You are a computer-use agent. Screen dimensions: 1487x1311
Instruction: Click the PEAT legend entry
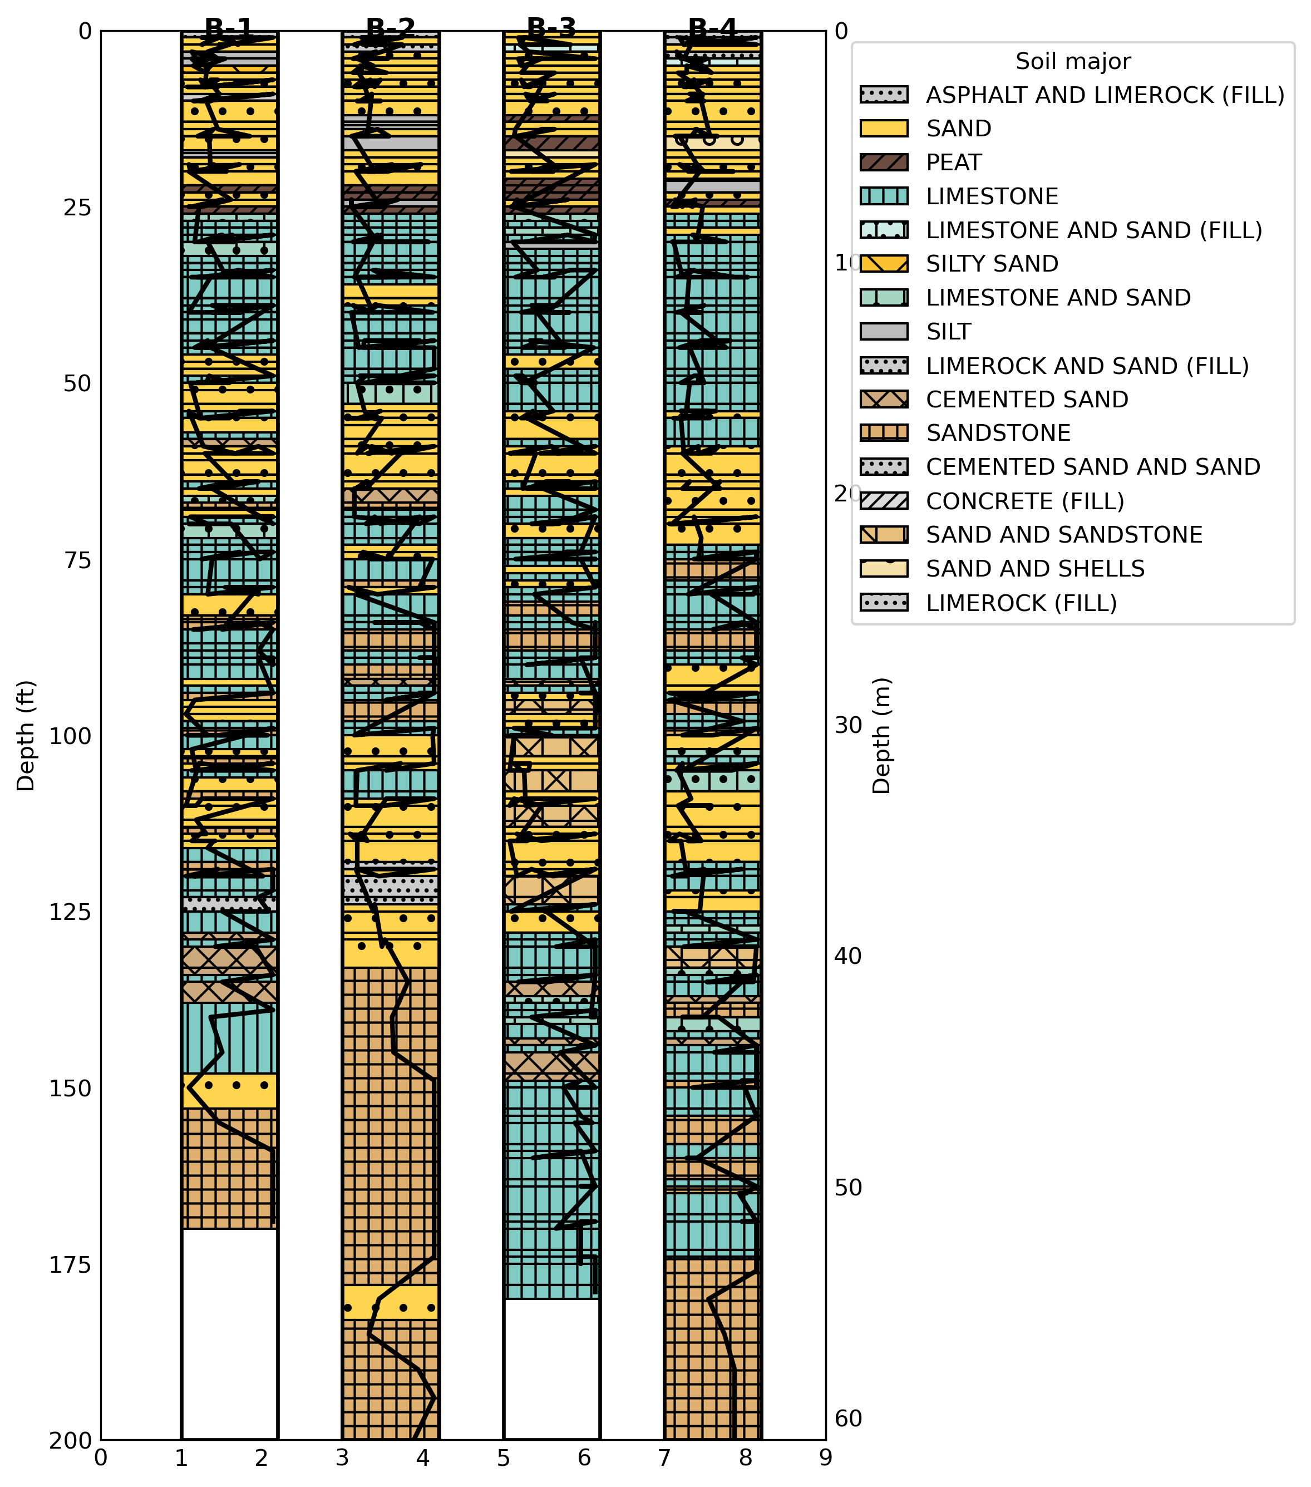[x=953, y=163]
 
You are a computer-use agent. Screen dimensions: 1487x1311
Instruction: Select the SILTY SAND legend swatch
[x=884, y=263]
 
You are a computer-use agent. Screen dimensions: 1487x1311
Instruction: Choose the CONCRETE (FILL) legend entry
[x=1024, y=501]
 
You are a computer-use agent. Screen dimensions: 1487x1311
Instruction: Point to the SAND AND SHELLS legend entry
[x=1034, y=568]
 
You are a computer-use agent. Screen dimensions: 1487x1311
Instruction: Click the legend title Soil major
[x=1072, y=61]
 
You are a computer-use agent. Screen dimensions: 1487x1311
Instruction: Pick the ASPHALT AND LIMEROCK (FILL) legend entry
[x=1105, y=95]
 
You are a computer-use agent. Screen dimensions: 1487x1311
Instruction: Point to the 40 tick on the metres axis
[x=847, y=956]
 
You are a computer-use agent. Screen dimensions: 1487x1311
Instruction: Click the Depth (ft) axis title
[x=26, y=735]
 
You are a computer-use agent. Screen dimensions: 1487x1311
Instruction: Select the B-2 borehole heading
[x=391, y=28]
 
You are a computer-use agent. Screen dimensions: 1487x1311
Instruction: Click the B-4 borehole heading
[x=712, y=28]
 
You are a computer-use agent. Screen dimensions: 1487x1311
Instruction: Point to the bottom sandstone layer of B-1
[x=229, y=1168]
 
